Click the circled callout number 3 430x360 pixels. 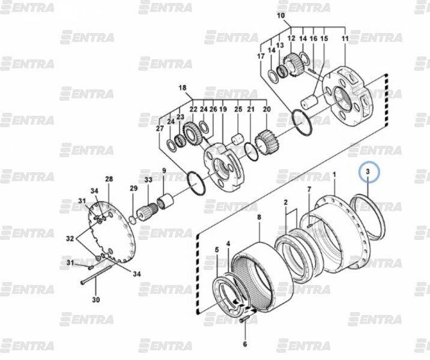pos(368,172)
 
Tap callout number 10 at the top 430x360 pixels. pos(281,16)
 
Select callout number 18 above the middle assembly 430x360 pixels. pos(183,88)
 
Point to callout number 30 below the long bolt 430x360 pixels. pos(95,300)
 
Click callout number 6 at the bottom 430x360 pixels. pos(245,344)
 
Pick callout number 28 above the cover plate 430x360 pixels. pos(109,179)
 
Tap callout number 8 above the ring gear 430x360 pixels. pos(259,217)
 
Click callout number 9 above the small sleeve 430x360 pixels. pos(164,170)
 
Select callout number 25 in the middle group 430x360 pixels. pos(238,109)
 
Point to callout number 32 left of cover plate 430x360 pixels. pos(70,239)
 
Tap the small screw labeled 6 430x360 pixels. pos(244,320)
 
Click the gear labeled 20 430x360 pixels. pos(265,143)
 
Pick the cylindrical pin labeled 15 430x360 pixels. pos(309,102)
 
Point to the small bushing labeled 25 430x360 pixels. pos(238,139)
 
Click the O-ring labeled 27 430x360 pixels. pos(196,183)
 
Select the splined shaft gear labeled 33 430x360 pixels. pos(147,212)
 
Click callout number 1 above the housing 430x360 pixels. pos(334,175)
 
